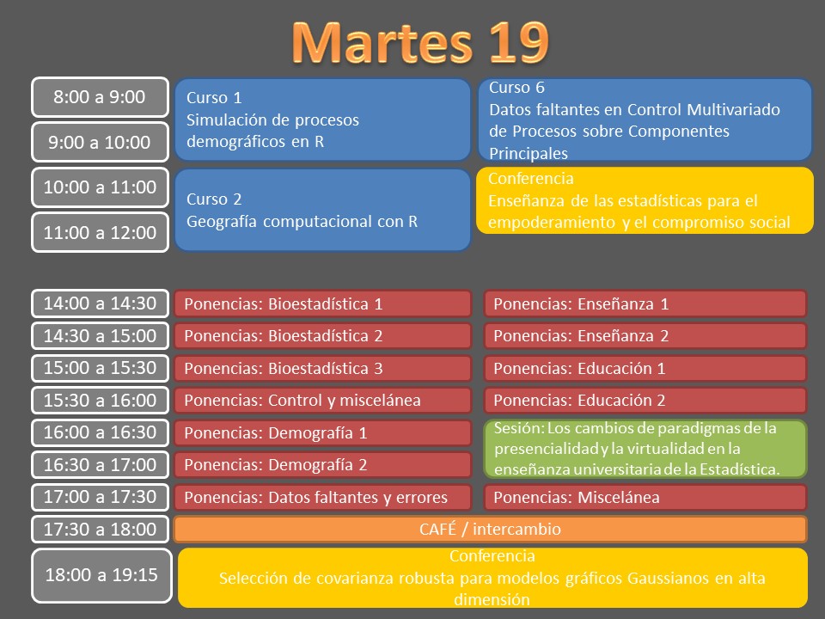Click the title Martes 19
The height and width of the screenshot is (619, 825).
(x=420, y=42)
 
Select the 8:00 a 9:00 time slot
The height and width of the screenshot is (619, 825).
(x=100, y=97)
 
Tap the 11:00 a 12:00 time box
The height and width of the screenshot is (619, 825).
(x=100, y=232)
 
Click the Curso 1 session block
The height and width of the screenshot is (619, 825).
(x=322, y=120)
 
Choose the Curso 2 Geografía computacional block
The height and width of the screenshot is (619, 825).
(x=322, y=210)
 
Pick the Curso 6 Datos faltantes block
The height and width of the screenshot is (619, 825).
(x=645, y=120)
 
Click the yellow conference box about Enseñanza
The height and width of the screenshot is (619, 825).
(x=645, y=200)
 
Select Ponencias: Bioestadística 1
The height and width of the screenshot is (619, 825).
(x=322, y=303)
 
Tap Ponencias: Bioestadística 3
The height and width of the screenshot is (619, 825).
(x=322, y=368)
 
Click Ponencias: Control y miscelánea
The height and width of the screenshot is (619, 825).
(x=322, y=400)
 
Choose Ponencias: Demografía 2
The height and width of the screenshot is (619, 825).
(x=322, y=465)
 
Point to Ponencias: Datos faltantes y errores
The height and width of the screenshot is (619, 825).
(x=322, y=498)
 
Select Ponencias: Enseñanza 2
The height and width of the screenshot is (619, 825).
(x=645, y=336)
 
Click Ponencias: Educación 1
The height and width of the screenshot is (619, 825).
(x=645, y=368)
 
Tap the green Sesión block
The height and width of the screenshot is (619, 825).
(x=645, y=449)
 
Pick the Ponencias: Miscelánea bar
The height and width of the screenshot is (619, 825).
(x=645, y=498)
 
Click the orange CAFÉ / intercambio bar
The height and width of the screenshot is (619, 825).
(x=491, y=529)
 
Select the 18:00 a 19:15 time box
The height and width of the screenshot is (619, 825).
(x=101, y=575)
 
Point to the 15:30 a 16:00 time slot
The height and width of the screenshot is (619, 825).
(x=100, y=400)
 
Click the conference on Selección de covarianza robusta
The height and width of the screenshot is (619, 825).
(x=492, y=578)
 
